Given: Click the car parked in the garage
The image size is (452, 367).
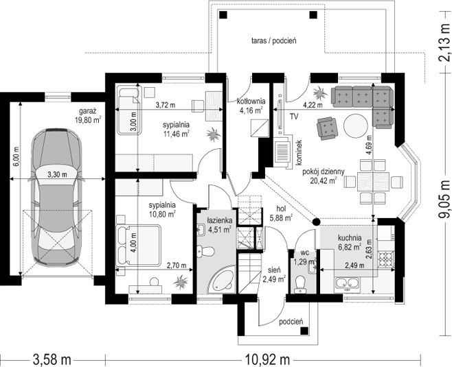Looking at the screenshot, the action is [56, 198].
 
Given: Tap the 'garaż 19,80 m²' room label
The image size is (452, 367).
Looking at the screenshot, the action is [88, 116].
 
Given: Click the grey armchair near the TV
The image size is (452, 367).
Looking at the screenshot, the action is [327, 128].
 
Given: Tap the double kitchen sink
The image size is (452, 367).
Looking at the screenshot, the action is [347, 283].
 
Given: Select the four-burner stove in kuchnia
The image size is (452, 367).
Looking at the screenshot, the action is [386, 259].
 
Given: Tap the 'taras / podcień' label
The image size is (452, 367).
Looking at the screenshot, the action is [274, 40].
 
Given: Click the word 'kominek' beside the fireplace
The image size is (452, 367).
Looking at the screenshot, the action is [299, 152].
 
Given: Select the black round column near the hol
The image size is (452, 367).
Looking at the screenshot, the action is [308, 222].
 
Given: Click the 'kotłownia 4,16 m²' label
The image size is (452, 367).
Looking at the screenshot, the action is [251, 106].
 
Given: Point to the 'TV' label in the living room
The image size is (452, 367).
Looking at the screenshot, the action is [294, 117].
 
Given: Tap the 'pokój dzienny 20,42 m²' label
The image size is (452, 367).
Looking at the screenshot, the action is [323, 176].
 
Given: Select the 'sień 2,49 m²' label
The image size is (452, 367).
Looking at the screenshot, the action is [274, 274].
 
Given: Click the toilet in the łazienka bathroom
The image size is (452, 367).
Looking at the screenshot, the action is [206, 251].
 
